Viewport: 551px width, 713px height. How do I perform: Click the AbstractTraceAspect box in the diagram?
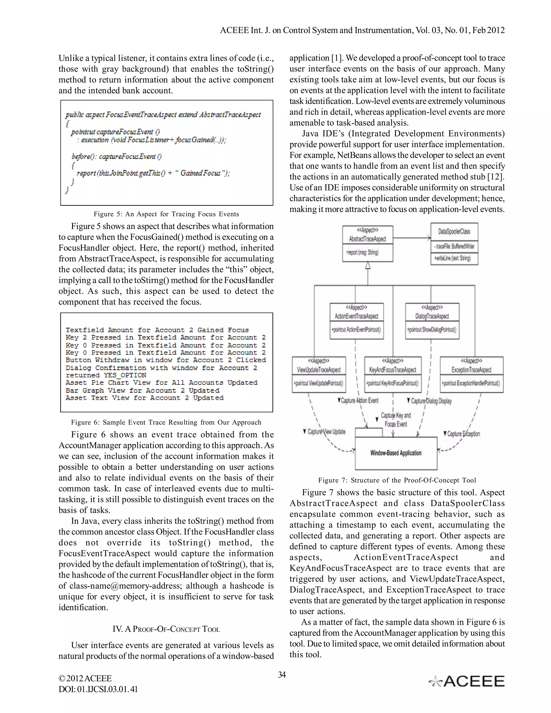click(x=368, y=243)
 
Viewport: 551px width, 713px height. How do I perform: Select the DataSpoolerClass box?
click(x=454, y=243)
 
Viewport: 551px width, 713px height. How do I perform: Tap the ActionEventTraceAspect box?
click(x=356, y=321)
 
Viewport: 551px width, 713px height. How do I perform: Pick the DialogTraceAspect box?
click(x=432, y=321)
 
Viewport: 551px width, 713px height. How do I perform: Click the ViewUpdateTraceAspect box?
click(x=319, y=375)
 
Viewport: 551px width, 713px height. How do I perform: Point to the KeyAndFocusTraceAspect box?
click(x=393, y=375)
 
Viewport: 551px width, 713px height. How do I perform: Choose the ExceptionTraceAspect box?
click(x=471, y=375)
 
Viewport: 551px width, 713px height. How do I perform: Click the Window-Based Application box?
click(x=396, y=453)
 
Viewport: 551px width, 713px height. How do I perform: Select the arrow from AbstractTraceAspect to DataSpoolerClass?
click(x=412, y=238)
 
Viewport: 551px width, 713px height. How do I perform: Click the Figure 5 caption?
click(x=166, y=214)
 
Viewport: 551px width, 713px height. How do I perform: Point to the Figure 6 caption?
click(x=166, y=422)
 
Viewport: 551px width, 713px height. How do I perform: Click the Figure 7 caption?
click(x=397, y=480)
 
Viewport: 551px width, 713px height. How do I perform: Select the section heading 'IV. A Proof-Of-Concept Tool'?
click(x=166, y=629)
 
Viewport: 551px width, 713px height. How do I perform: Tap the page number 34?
click(x=282, y=675)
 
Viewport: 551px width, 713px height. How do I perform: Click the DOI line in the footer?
click(x=98, y=689)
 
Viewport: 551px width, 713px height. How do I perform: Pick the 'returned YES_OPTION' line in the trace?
click(x=106, y=375)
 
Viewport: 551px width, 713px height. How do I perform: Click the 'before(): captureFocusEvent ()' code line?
click(x=116, y=156)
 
